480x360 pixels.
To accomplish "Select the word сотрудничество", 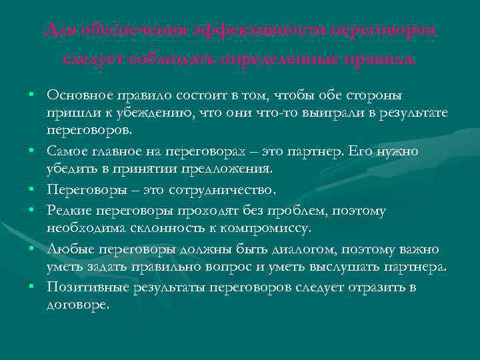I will pyautogui.click(x=217, y=191).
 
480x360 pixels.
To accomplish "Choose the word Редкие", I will pyautogui.click(x=69, y=211).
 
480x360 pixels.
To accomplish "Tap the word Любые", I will pyautogui.click(x=67, y=249).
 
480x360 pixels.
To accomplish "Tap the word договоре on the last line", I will pyautogui.click(x=76, y=304).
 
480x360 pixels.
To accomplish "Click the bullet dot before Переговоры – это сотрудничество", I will pyautogui.click(x=32, y=191).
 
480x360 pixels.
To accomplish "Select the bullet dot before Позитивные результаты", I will pyautogui.click(x=32, y=288).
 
